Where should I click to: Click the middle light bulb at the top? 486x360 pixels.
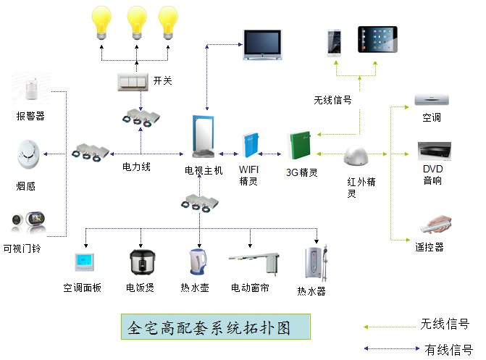coord(136,21)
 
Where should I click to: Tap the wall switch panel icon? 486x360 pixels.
coord(133,81)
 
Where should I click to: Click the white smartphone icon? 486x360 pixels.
coord(335,42)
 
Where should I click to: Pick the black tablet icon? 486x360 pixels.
coord(377,41)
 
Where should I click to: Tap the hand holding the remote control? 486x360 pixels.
coord(433,222)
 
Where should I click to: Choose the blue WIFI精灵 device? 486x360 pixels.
coord(250,143)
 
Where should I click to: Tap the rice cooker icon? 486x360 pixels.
coord(140,264)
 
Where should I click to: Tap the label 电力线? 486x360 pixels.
coord(136,167)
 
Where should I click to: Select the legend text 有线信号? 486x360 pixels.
coord(448,348)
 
